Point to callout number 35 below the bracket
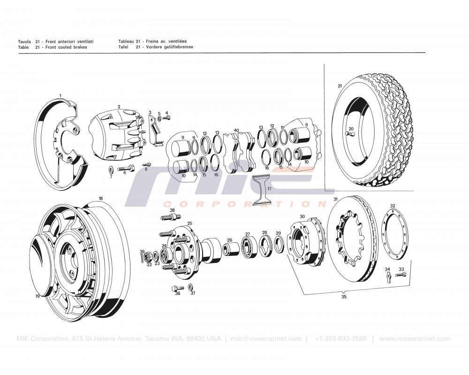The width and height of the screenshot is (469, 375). coord(344,297)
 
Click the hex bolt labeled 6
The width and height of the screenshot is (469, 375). coord(126,168)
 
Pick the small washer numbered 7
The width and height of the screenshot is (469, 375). coord(110,169)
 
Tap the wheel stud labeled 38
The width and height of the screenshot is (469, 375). coord(171,217)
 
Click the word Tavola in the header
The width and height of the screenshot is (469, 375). coord(24,41)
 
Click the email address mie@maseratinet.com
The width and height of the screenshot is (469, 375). coord(266,338)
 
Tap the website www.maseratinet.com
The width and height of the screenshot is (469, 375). coord(415,338)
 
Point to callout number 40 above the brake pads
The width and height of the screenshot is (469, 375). coord(236,130)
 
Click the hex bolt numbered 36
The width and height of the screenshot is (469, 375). coord(176,287)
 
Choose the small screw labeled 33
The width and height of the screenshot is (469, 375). coord(400,275)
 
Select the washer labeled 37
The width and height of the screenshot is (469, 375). coord(190,286)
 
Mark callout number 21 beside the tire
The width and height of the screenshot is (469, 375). coord(340,86)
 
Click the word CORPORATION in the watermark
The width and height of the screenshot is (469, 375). coord(244,204)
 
